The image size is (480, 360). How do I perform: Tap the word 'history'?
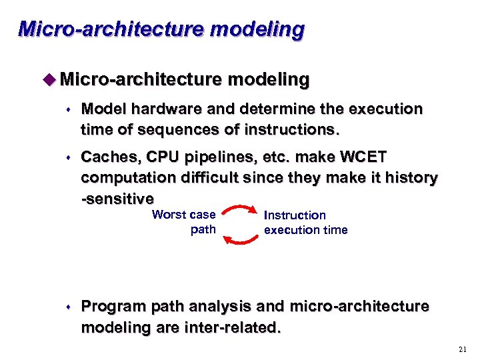406,179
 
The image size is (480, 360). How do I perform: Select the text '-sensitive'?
117,199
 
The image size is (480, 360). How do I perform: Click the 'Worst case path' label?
185,222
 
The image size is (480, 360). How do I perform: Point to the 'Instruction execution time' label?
305,223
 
